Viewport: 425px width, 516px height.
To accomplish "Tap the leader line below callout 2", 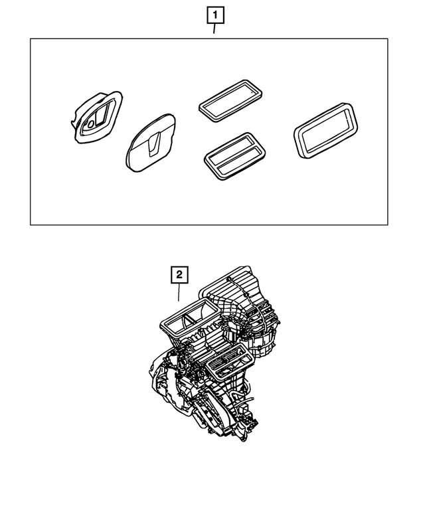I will [x=179, y=293].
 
